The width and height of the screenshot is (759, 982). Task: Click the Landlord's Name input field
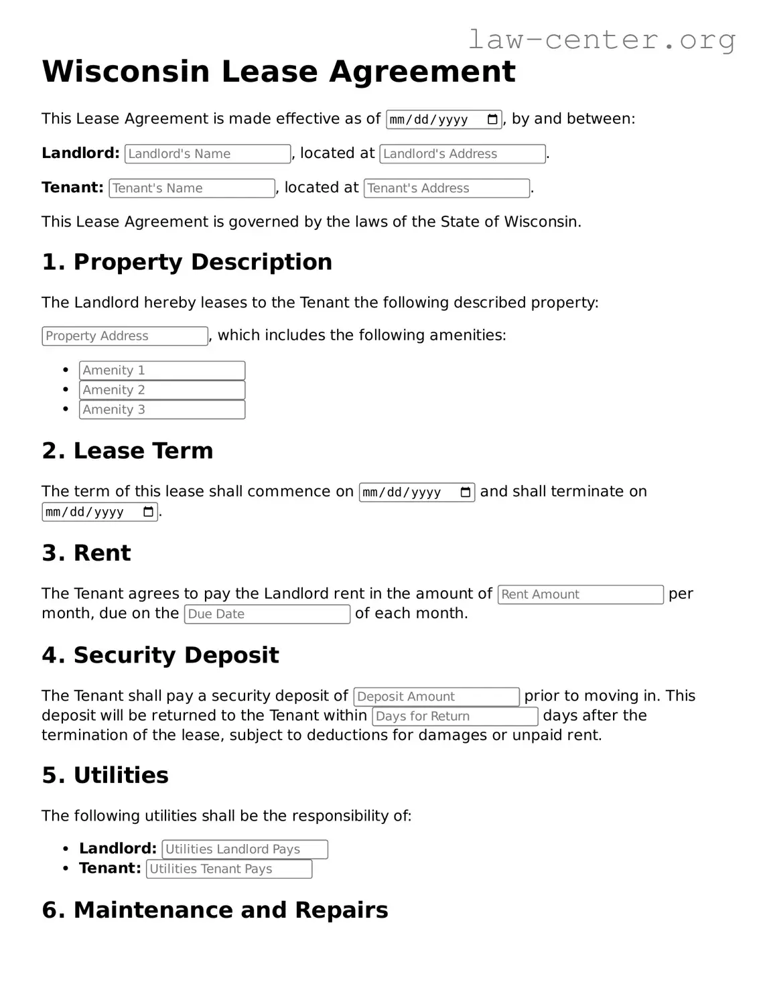click(x=208, y=154)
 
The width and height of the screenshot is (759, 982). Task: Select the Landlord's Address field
click(x=462, y=154)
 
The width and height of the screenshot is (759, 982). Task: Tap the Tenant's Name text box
click(x=192, y=188)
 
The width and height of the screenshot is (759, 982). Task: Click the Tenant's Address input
click(x=447, y=188)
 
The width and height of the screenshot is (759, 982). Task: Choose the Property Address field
click(x=125, y=336)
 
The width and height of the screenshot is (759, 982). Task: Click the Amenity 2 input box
click(x=162, y=390)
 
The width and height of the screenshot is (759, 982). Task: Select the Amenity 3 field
click(x=162, y=409)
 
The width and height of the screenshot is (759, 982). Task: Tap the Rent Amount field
click(x=580, y=594)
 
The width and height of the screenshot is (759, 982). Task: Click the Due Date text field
click(x=267, y=614)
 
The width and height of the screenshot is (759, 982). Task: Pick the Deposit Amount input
click(x=436, y=697)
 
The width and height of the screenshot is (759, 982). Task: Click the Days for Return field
click(x=455, y=716)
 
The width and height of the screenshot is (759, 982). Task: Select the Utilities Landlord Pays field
click(x=245, y=849)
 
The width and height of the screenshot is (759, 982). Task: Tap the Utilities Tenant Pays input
click(x=229, y=869)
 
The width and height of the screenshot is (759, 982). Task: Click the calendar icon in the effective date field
click(x=492, y=120)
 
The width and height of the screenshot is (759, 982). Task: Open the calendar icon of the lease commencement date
click(x=466, y=492)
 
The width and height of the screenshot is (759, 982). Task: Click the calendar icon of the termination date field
click(x=149, y=512)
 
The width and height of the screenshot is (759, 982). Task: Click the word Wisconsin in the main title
click(x=126, y=72)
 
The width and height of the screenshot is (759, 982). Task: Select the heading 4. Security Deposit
click(x=160, y=655)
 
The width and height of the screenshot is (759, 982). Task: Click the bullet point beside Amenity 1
click(x=66, y=370)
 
